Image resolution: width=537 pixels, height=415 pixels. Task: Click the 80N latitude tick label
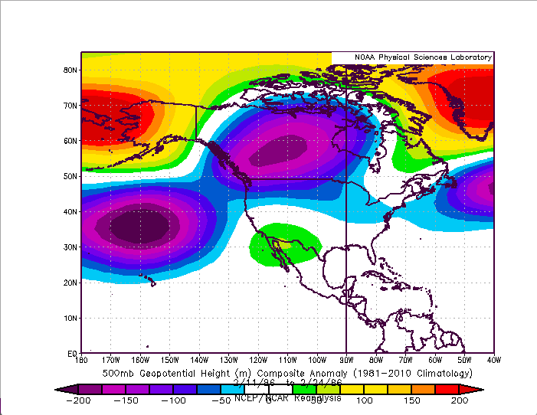[x=70, y=70]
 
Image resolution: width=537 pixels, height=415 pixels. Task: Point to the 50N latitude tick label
[x=70, y=176]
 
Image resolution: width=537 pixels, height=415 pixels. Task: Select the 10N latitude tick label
[x=70, y=318]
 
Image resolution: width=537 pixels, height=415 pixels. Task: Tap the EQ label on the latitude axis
[x=71, y=354]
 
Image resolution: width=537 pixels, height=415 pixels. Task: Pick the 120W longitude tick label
[x=258, y=360]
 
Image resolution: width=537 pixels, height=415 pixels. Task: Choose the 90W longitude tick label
[x=346, y=360]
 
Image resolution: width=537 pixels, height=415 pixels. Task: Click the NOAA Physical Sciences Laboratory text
[x=413, y=58]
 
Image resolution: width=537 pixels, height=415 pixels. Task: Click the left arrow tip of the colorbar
[x=58, y=390]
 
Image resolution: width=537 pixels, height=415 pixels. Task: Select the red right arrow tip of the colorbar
[x=480, y=390]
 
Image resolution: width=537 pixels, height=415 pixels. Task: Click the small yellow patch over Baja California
[x=285, y=243]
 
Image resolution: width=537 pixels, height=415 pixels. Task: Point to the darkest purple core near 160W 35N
[x=139, y=227]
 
